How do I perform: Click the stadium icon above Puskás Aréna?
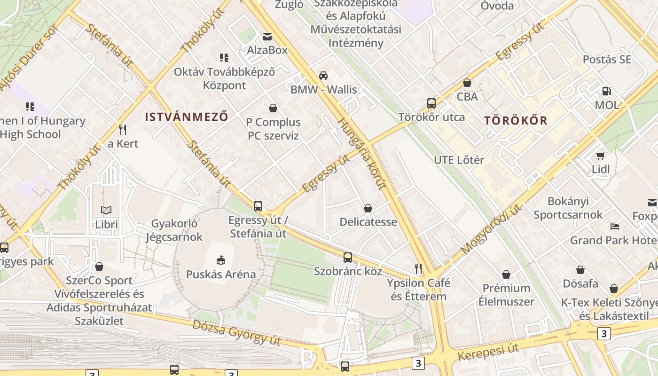[221, 260]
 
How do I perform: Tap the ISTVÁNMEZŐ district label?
[187, 117]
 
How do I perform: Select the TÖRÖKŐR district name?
[516, 120]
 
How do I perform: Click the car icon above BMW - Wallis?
[323, 75]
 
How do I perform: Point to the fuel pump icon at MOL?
[607, 91]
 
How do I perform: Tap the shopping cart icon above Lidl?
[601, 156]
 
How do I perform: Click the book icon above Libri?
[106, 210]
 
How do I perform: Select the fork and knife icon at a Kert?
[123, 129]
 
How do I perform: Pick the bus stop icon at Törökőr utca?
[431, 103]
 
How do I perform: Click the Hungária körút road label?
[361, 153]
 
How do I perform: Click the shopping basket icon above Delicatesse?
[368, 208]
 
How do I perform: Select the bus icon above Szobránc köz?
[348, 258]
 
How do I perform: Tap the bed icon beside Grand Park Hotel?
[615, 227]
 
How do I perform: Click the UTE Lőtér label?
[459, 160]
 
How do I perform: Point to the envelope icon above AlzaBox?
[267, 37]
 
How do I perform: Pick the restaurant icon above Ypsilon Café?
[418, 269]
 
